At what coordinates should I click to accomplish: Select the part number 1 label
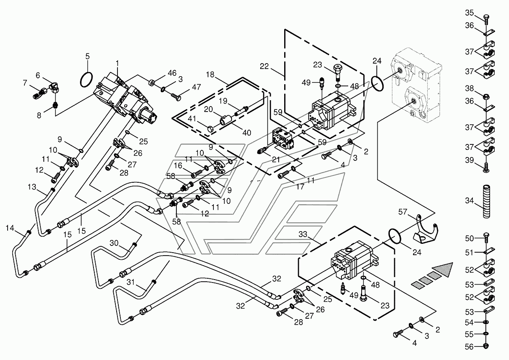tap(117, 64)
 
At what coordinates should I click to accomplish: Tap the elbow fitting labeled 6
tap(54, 88)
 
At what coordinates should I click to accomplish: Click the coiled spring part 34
tap(486, 202)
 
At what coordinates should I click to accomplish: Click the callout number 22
tap(264, 67)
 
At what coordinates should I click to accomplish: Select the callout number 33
tap(303, 234)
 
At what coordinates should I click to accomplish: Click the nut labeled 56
tap(486, 346)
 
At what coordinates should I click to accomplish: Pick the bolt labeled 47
tap(176, 97)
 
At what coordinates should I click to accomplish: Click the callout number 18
tap(210, 75)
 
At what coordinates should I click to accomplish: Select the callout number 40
tap(247, 133)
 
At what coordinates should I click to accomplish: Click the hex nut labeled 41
tap(211, 130)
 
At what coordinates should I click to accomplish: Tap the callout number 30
tap(114, 243)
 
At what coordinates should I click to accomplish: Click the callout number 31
tap(131, 282)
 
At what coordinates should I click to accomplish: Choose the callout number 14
tap(10, 228)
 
